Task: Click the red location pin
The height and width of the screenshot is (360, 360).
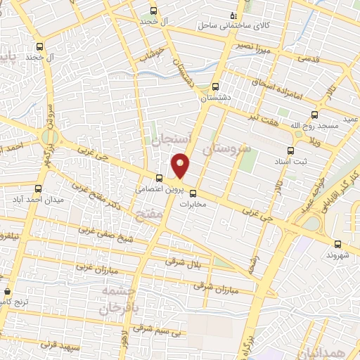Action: tap(181, 165)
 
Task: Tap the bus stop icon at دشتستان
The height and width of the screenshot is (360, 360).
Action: tap(216, 87)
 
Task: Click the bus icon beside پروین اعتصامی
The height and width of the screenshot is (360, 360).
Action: tap(159, 178)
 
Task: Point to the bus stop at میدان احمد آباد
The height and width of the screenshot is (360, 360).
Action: tap(39, 188)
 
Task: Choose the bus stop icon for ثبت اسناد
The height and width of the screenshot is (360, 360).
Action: tap(290, 150)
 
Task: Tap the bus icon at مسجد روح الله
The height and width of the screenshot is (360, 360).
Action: tap(314, 115)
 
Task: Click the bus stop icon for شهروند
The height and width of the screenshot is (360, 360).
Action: tap(338, 244)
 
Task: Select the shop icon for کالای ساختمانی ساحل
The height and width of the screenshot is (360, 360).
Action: tap(233, 15)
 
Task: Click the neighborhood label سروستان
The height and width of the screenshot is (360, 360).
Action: tap(226, 149)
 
